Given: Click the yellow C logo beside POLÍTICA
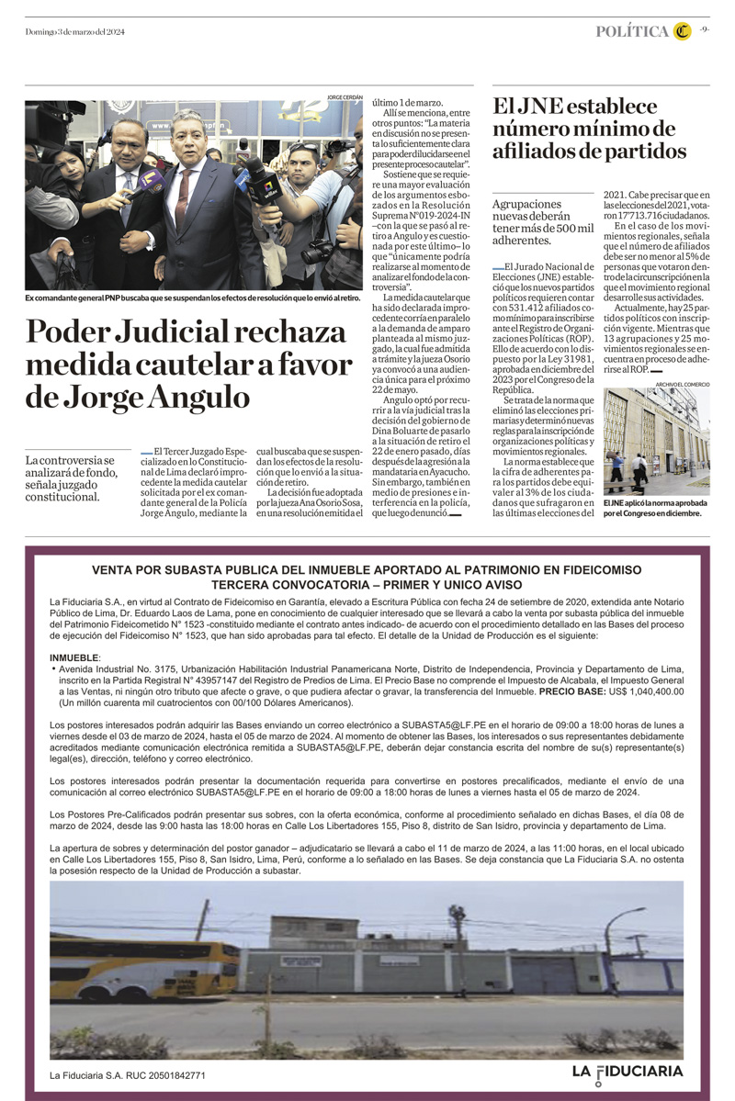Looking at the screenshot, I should point(681,31).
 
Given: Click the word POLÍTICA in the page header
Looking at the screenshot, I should point(632,31).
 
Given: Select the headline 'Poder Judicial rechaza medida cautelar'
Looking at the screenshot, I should point(188,364).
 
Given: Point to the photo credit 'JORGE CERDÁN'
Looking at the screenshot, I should point(345,96).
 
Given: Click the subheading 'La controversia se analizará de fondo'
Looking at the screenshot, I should point(71,477).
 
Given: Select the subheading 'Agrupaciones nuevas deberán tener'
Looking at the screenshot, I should point(543,221).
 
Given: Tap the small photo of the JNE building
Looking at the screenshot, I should point(657,442).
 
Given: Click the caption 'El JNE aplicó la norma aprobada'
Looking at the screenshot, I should point(655,509).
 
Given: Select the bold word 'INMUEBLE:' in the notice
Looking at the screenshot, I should point(75,658).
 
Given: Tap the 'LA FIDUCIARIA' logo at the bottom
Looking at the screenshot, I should point(628,1072).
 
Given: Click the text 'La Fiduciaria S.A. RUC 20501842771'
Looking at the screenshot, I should point(128,1074).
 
